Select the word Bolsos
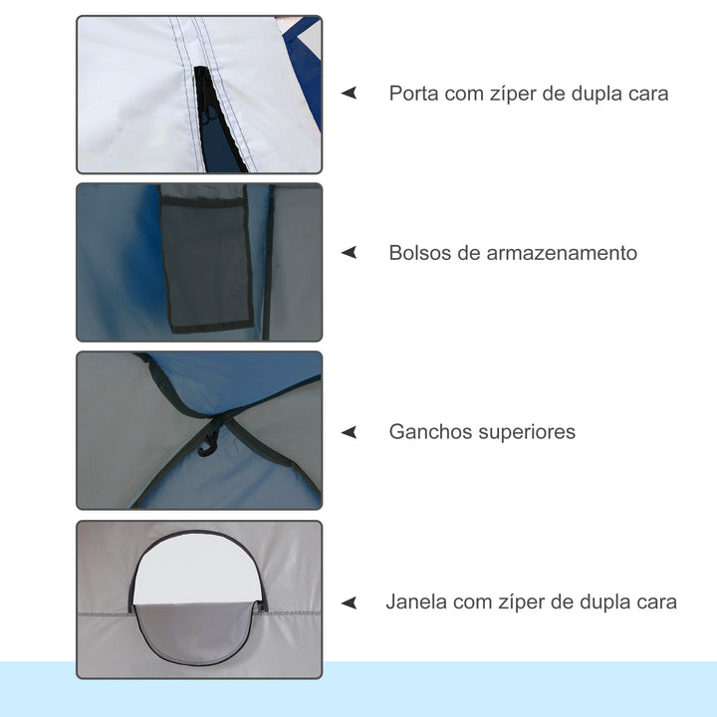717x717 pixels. tap(418, 253)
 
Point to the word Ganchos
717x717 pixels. tap(426, 432)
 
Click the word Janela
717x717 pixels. tap(415, 601)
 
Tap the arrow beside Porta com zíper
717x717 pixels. tap(349, 93)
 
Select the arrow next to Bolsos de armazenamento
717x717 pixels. tap(349, 253)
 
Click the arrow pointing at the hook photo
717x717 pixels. tap(349, 432)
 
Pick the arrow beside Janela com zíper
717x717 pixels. tap(349, 602)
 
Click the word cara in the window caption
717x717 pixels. tap(655, 601)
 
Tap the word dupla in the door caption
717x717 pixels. tap(594, 94)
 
